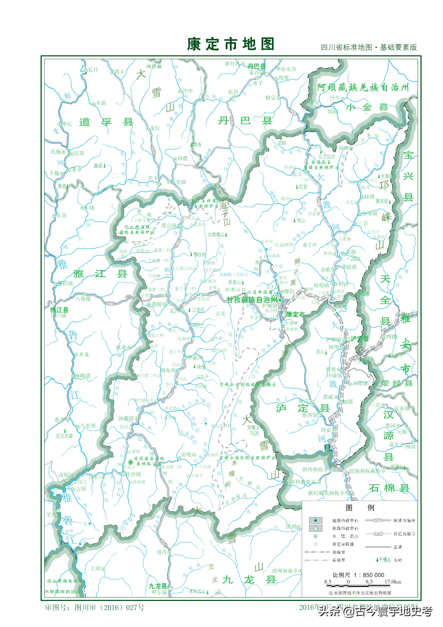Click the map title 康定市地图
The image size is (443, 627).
[x=230, y=44]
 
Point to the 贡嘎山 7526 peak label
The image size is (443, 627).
[x=254, y=430]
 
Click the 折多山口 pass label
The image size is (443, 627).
[x=235, y=289]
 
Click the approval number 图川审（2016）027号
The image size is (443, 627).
[x=94, y=607]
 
